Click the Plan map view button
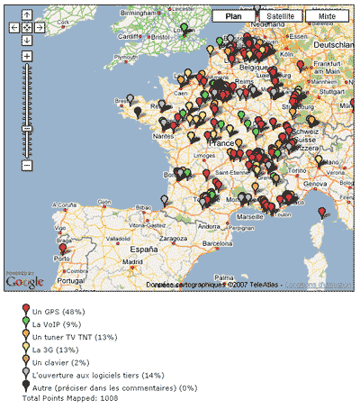[233, 16]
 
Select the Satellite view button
[280, 16]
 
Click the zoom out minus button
[27, 165]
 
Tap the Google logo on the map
[24, 282]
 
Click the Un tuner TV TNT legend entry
[75, 337]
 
